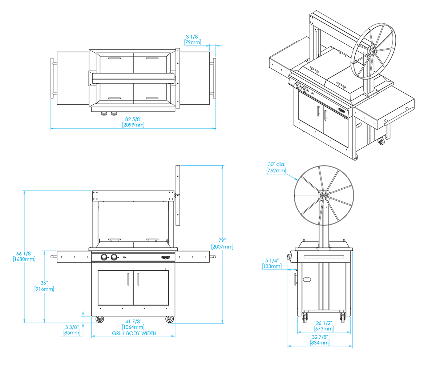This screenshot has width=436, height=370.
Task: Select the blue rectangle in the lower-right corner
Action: point(383,298)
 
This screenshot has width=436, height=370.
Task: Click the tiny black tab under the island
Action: point(164,324)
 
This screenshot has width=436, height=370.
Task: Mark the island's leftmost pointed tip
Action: point(48,256)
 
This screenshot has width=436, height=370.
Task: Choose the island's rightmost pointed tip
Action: point(218,256)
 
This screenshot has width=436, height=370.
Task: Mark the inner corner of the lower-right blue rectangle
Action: point(352,252)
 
